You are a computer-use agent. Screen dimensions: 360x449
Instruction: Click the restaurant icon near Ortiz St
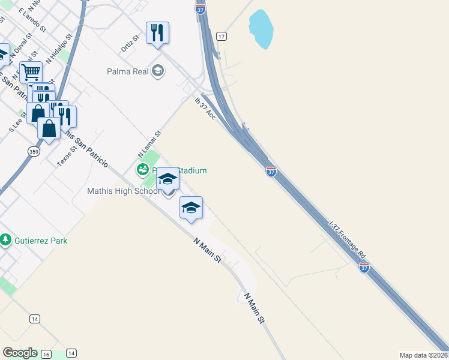[x=157, y=33]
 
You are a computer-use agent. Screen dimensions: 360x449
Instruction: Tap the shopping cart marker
[x=31, y=73]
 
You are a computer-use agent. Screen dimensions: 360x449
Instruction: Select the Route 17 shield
[x=221, y=37]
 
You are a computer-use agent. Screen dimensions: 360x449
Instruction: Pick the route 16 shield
[x=46, y=355]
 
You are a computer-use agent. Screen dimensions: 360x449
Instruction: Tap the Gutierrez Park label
[x=41, y=241]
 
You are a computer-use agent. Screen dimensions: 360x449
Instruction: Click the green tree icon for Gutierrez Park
[x=5, y=240]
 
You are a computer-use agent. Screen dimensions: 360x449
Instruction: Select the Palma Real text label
[x=127, y=71]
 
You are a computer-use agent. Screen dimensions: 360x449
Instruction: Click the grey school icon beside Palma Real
[x=158, y=71]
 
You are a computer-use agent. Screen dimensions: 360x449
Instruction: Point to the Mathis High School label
[x=120, y=191]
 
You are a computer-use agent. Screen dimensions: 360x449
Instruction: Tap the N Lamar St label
[x=150, y=144]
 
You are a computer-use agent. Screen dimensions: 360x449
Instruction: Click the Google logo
[x=20, y=353]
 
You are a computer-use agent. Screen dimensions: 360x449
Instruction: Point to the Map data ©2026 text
[x=423, y=355]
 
